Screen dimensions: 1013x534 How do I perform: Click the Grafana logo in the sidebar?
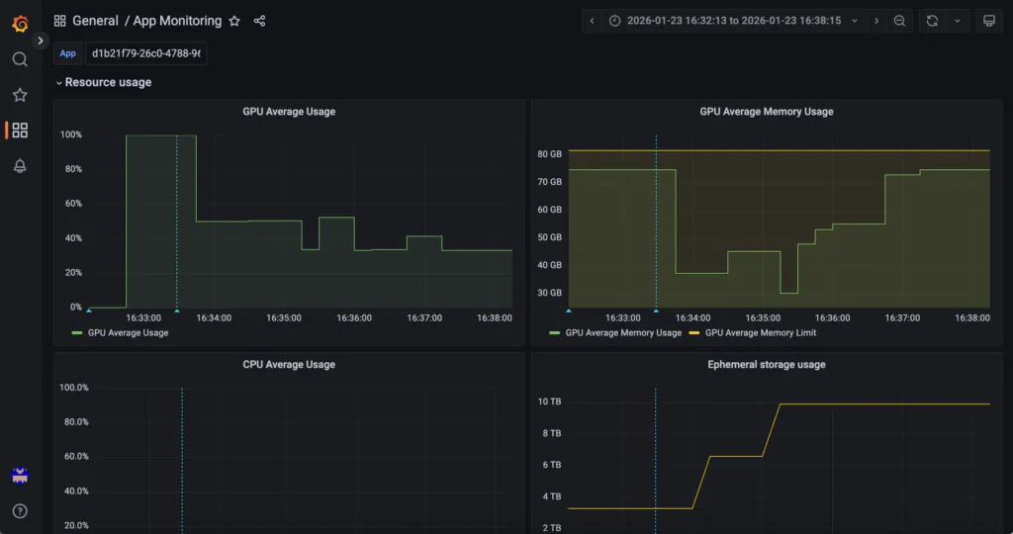20,24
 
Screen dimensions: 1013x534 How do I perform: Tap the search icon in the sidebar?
20,59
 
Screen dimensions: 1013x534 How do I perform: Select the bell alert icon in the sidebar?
20,166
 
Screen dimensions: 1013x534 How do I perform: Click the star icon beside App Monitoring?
234,21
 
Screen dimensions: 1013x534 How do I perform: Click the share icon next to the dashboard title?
260,21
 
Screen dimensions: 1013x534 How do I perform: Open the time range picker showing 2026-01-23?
733,21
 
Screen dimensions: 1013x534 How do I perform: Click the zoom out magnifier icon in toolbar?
899,21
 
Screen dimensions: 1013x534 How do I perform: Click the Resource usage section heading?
108,82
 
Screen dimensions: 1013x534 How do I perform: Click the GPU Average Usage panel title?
289,111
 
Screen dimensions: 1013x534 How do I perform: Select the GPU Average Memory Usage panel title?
767,111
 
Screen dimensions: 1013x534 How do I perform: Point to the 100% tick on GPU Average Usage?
71,134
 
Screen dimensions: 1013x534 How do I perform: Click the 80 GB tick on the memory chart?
549,153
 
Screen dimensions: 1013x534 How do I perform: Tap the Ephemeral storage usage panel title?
767,364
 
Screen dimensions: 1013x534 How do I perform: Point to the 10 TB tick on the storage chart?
549,400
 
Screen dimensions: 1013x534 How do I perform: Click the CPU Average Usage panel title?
289,364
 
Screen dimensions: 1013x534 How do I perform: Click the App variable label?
68,53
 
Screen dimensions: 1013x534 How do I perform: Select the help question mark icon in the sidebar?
20,510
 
